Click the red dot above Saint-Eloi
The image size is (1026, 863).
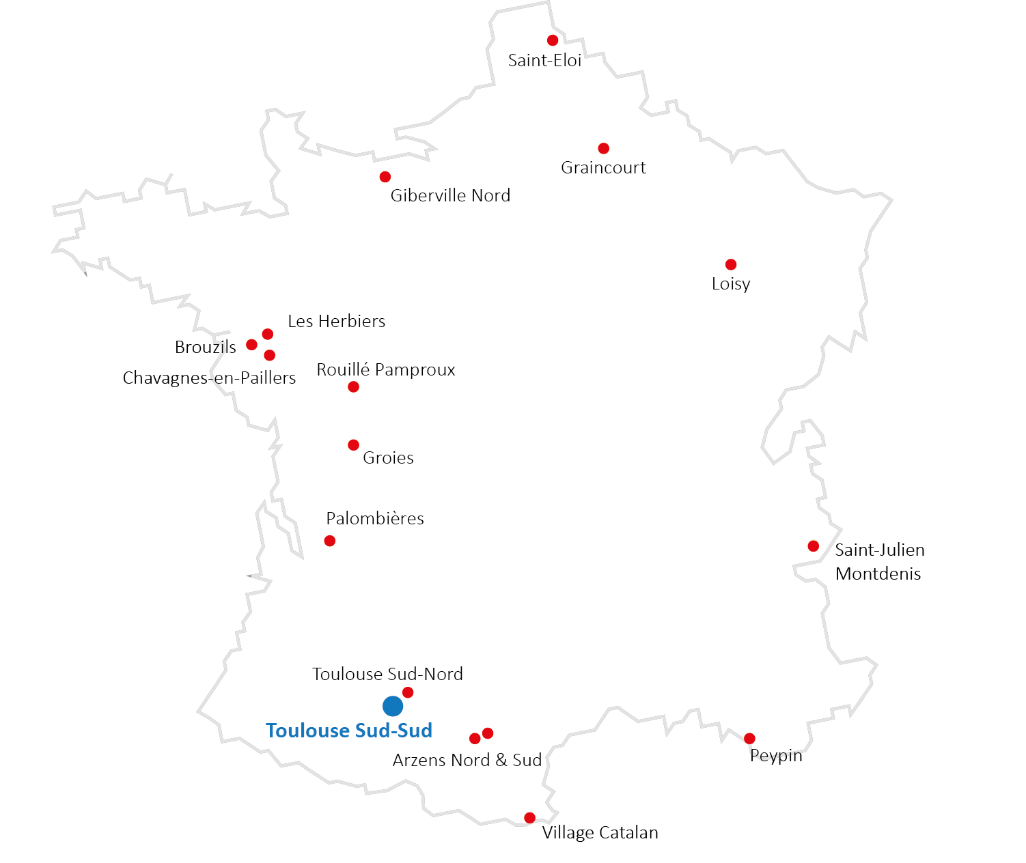553,40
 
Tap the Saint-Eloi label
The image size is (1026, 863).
544,60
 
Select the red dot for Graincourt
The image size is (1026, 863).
603,148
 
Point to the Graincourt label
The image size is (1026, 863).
603,168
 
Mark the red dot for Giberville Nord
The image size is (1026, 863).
385,177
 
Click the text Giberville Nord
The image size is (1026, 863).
450,196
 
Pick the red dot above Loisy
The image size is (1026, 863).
731,264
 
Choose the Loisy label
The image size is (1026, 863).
731,284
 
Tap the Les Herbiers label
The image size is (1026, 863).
336,322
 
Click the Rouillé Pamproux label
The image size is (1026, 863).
385,370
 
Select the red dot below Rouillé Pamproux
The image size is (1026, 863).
353,387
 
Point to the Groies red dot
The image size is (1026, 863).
353,445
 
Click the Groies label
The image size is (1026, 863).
388,458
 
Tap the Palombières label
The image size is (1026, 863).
375,519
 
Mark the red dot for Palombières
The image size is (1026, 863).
330,541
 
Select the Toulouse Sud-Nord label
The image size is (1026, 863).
387,675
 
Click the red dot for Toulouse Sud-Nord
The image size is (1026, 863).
408,692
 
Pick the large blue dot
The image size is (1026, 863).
393,706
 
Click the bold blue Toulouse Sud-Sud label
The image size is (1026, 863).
349,731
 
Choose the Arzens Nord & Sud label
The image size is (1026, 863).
467,761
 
